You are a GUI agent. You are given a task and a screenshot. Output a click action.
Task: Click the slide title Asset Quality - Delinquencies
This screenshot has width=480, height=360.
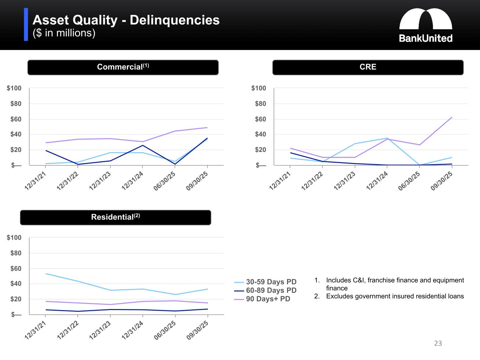point(126,20)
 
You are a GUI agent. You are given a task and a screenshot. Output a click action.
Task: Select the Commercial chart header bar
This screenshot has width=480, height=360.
point(123,67)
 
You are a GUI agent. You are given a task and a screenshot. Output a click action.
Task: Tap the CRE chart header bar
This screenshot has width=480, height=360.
point(368,67)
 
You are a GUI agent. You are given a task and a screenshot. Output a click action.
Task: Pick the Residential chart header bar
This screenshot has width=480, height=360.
point(115,217)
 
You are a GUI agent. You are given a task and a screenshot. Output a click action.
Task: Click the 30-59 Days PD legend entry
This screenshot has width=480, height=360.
point(271,282)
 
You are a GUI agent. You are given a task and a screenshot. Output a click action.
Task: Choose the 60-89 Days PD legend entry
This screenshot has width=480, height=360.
point(271,290)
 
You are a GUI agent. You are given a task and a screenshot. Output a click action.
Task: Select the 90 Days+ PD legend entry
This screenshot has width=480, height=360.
point(268,299)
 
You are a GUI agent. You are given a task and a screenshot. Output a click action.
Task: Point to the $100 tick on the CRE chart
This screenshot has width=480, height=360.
point(258,88)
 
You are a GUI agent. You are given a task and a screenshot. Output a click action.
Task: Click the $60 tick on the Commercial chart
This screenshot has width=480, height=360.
point(14,119)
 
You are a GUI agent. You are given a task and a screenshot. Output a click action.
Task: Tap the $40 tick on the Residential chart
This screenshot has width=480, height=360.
point(14,284)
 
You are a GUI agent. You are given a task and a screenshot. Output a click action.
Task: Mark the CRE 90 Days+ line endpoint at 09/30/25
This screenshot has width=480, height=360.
point(452,117)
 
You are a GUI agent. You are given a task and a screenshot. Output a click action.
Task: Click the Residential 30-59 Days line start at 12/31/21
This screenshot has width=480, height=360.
point(46,274)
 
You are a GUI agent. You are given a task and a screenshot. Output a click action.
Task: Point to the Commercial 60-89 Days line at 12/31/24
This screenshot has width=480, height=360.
point(142,145)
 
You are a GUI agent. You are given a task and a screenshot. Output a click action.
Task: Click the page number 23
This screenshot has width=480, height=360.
point(438,343)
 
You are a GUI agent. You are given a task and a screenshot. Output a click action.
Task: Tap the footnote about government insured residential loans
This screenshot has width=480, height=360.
point(395,296)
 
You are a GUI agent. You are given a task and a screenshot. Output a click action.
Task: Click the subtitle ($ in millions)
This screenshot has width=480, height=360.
point(64,33)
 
